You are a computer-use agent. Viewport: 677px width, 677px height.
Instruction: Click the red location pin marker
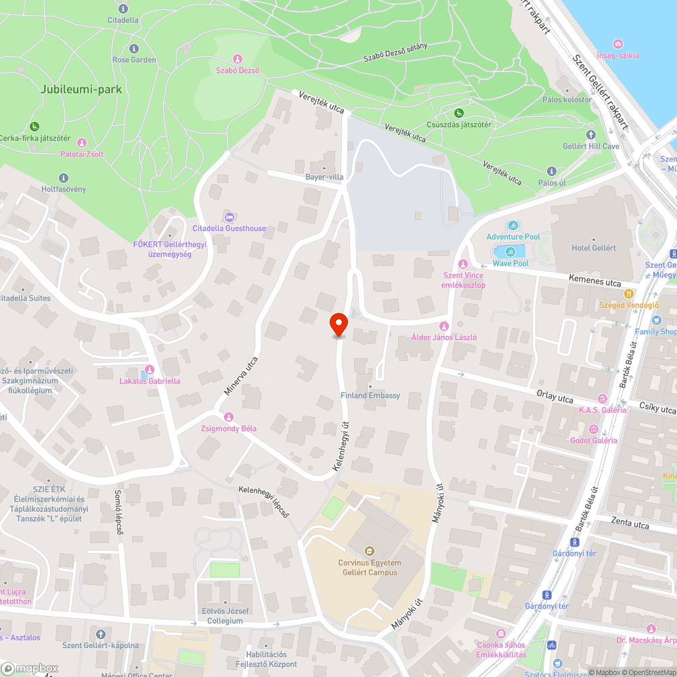pos(338,324)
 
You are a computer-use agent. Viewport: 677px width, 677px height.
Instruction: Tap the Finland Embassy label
pos(371,395)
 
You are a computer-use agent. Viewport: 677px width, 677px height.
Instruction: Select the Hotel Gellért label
pos(594,248)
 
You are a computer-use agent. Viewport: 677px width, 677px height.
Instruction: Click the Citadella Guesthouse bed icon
pos(229,217)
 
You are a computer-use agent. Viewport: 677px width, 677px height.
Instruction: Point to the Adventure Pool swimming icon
pos(513,225)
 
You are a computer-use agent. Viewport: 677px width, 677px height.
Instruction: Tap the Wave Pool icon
pos(510,252)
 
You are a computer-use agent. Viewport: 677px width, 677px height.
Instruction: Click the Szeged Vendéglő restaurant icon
pos(629,294)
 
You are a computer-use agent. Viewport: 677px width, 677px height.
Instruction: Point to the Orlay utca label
pos(554,395)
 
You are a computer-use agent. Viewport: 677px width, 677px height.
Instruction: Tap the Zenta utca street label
pos(630,523)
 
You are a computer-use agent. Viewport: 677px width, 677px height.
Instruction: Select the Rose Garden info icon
pos(133,49)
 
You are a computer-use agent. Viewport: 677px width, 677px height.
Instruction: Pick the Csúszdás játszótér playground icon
pos(459,112)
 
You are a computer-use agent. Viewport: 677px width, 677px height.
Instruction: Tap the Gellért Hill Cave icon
pos(591,135)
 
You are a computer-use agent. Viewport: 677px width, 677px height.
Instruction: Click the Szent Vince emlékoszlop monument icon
pos(463,263)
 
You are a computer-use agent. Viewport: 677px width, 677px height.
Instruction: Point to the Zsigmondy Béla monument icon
pos(229,417)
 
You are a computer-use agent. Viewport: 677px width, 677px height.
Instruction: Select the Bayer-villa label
pos(324,177)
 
